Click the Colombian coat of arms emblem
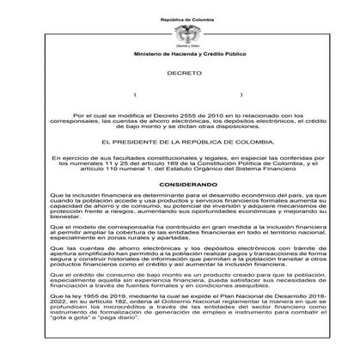(180, 34)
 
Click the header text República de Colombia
(180, 17)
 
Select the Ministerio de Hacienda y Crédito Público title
(180, 53)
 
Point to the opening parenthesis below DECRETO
(135, 95)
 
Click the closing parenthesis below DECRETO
(241, 95)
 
